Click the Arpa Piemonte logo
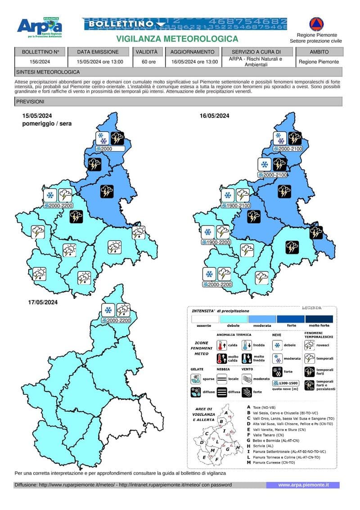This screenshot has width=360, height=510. [40, 28]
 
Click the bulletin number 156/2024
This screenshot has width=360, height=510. [40, 62]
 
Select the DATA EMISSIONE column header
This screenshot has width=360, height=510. [98, 52]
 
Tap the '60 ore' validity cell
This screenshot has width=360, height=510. [146, 62]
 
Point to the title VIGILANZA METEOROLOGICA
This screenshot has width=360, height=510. [177, 39]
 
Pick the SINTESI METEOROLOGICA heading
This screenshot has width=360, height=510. [48, 72]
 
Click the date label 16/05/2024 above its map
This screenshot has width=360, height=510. [215, 116]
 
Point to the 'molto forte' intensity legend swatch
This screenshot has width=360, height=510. [319, 319]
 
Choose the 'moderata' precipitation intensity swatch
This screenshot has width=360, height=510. [261, 319]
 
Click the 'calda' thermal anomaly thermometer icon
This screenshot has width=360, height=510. [221, 346]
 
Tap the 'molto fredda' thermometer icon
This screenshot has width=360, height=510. [247, 359]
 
